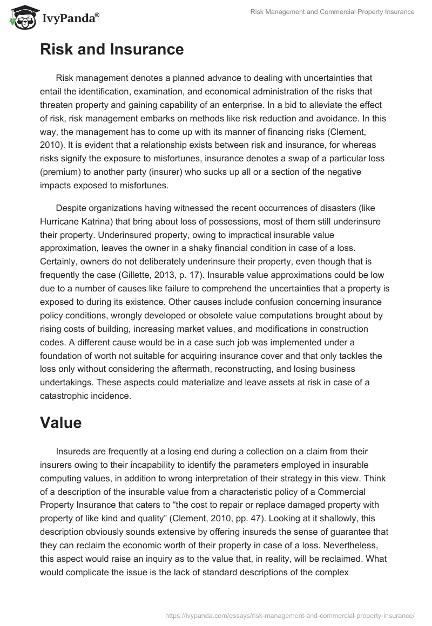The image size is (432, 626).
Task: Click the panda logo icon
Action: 21,17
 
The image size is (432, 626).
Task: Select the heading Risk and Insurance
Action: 112,50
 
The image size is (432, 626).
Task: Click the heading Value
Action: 60,423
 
